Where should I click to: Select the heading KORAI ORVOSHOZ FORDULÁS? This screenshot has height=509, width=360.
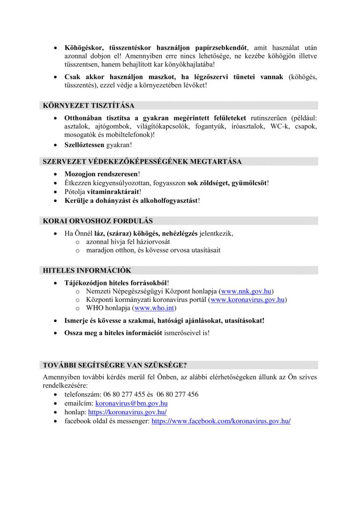pos(97,221)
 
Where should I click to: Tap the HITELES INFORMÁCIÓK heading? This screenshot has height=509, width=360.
pos(87,270)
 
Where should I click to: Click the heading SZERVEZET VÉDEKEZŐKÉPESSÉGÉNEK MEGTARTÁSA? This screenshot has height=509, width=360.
pos(142,162)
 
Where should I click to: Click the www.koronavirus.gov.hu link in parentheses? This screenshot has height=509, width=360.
pos(248,299)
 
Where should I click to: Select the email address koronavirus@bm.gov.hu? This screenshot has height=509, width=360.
pos(131,403)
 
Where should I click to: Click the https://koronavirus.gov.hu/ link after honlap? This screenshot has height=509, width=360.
pos(127,412)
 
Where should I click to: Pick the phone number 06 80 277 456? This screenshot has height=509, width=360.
pos(175,394)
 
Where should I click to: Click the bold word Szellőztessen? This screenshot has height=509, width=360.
pos(84,145)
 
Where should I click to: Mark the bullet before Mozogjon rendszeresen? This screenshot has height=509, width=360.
pos(56,174)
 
